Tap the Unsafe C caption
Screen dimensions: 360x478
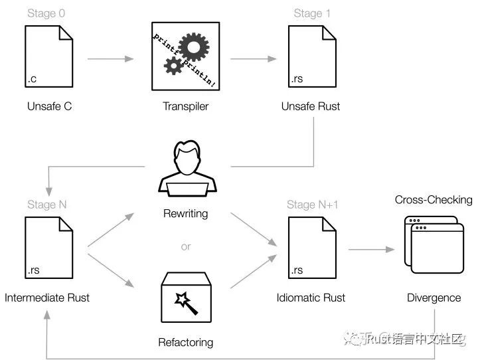[50, 106]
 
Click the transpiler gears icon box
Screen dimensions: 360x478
[186, 56]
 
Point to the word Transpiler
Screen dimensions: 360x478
[186, 106]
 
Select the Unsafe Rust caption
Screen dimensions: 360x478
[311, 106]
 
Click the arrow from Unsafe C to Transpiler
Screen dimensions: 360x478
[110, 60]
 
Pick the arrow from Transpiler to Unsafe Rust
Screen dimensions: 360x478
[248, 60]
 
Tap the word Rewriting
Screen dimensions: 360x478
[186, 214]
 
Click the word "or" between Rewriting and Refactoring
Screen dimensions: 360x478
[186, 246]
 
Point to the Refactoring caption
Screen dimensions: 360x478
[186, 343]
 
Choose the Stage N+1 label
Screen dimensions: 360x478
[313, 205]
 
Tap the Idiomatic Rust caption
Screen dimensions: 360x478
[311, 298]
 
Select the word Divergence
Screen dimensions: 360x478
[434, 298]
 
